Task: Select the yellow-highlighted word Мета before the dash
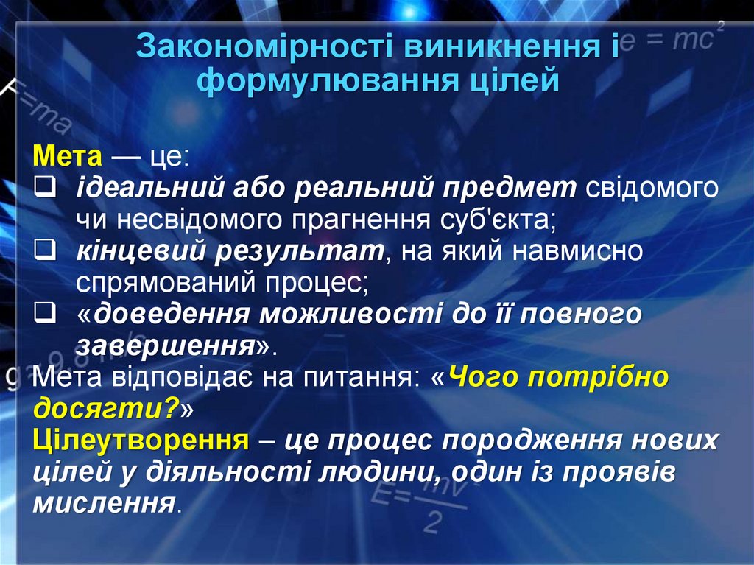(x=68, y=156)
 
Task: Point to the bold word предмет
(x=508, y=188)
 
